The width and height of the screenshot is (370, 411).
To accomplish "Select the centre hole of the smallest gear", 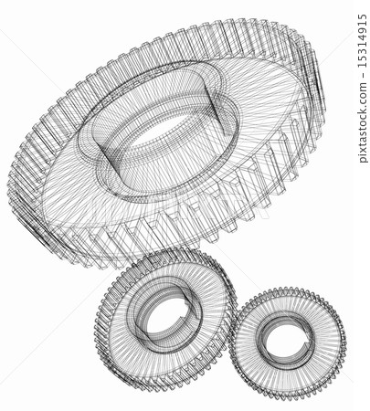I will pyautogui.click(x=285, y=340).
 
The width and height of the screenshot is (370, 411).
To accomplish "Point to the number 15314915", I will pyautogui.click(x=363, y=42).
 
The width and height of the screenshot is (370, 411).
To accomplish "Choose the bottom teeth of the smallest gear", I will pyautogui.click(x=288, y=395).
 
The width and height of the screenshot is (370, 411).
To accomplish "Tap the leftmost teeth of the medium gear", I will pyautogui.click(x=100, y=320).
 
